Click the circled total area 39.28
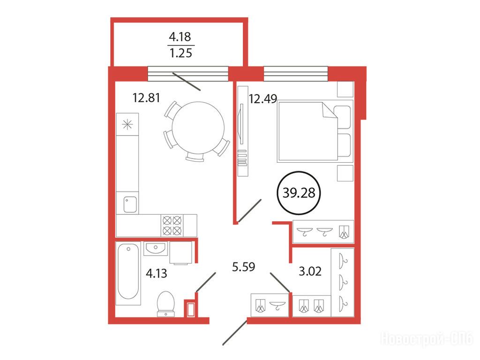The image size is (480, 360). [299, 193]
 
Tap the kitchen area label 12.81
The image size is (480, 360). [146, 97]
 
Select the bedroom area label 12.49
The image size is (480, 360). [263, 99]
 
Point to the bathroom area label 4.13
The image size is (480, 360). [157, 273]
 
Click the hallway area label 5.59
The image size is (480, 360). [243, 267]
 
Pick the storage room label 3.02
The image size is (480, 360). [310, 271]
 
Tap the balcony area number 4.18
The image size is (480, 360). [180, 37]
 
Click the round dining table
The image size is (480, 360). [198, 127]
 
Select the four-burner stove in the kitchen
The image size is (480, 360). [172, 225]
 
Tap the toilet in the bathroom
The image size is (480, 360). [165, 304]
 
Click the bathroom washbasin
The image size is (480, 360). [156, 248]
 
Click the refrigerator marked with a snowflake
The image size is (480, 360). [127, 124]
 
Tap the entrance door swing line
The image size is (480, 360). [235, 332]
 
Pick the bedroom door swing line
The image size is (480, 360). [249, 210]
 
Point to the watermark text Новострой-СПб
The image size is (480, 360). [427, 339]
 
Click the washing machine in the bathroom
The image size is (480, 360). [180, 253]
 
